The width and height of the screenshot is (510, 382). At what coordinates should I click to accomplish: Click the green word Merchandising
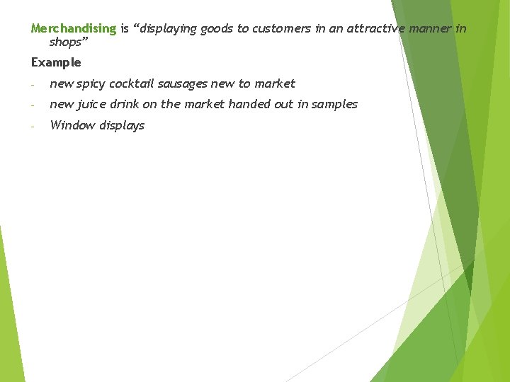tap(73, 29)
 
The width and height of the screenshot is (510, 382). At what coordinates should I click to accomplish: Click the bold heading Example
tap(56, 62)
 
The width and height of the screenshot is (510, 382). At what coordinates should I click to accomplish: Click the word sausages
tap(183, 83)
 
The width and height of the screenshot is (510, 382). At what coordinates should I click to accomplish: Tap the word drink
tap(127, 105)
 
